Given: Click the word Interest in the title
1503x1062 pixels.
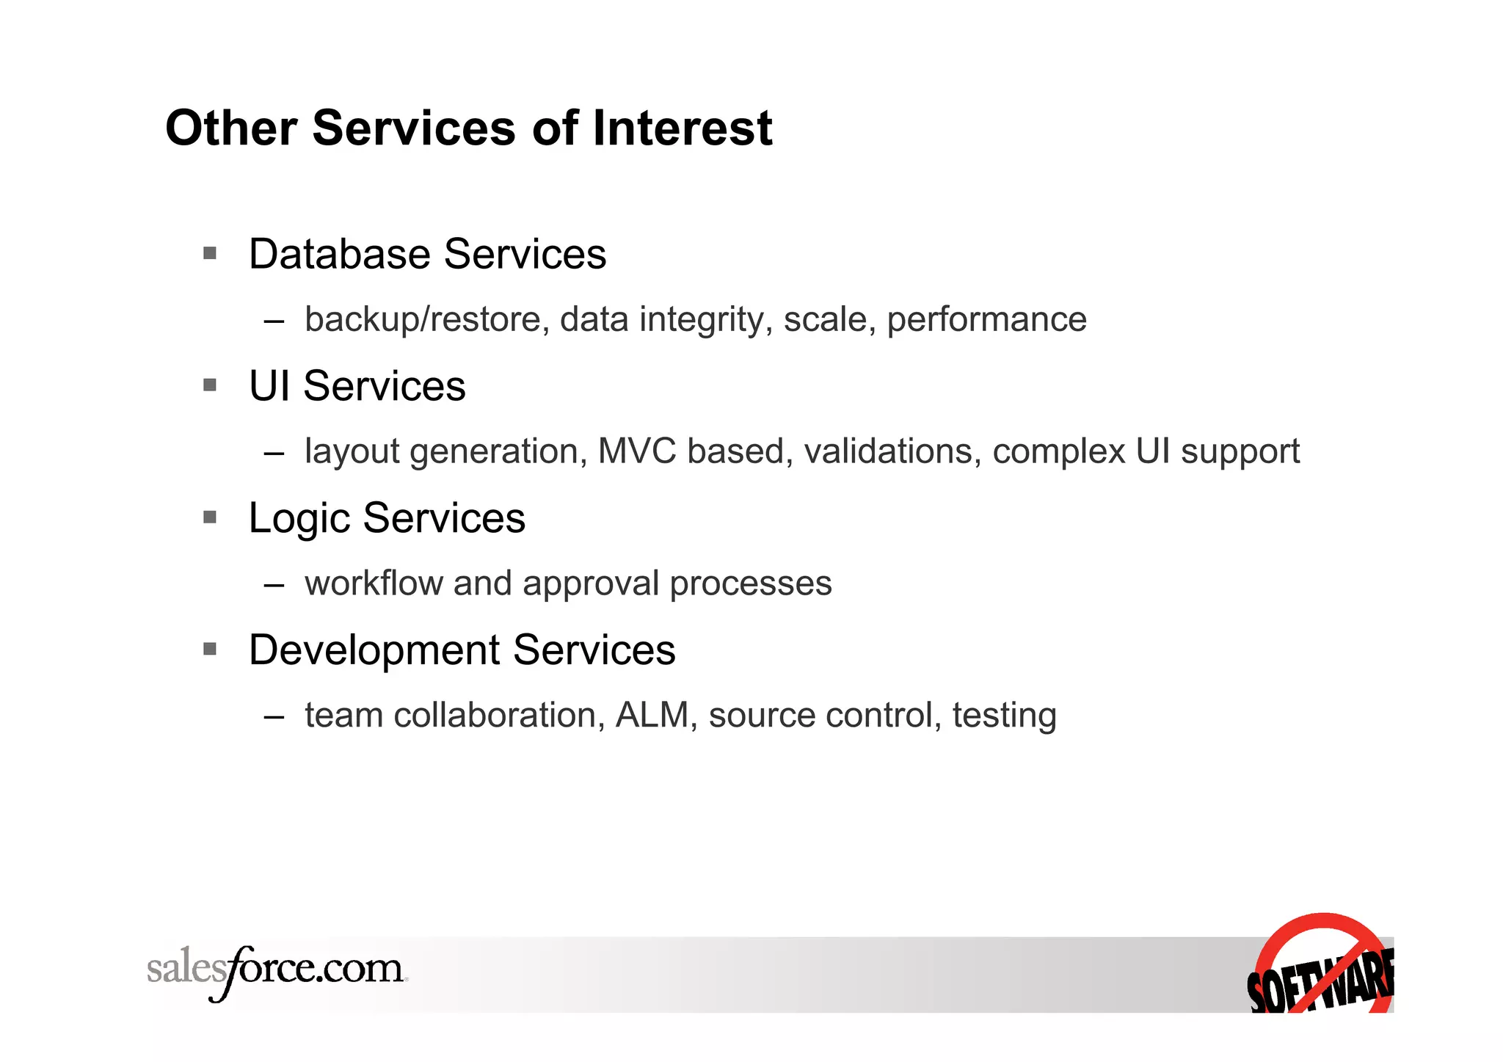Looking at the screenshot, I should [682, 128].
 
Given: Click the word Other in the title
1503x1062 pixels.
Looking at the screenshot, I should [230, 128].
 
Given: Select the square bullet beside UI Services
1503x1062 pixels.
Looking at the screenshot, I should [210, 385].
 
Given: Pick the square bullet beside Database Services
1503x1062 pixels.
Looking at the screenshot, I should [210, 253].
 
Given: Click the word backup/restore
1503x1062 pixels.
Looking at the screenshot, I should [423, 319].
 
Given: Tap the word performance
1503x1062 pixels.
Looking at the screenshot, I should [986, 319].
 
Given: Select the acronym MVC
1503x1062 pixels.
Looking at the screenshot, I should [637, 451].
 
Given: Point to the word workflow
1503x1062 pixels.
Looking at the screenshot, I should [374, 583].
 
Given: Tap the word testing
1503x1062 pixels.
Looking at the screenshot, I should [1004, 716].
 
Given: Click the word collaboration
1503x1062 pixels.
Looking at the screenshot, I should [499, 715].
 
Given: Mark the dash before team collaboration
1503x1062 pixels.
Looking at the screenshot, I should [274, 716].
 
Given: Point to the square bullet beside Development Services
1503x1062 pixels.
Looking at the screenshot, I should [210, 649].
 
